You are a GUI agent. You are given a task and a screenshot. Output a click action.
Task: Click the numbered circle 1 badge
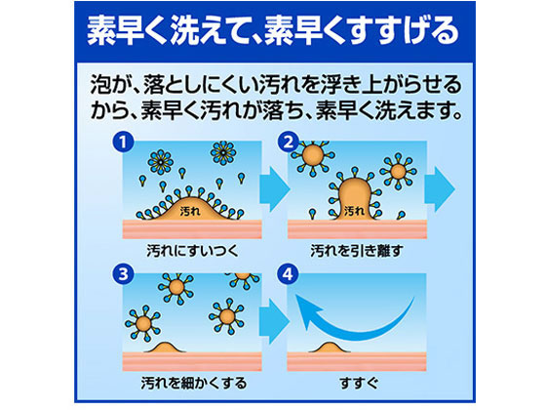pyautogui.click(x=122, y=143)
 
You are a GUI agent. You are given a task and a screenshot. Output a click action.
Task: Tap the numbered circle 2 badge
pyautogui.click(x=287, y=143)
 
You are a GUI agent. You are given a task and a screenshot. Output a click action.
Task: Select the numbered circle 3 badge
pyautogui.click(x=122, y=274)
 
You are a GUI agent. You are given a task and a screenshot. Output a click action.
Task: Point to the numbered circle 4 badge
pyautogui.click(x=287, y=274)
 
